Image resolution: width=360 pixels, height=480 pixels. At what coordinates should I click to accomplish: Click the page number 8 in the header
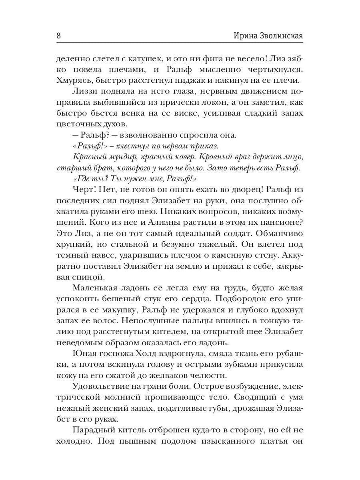pos(59,36)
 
